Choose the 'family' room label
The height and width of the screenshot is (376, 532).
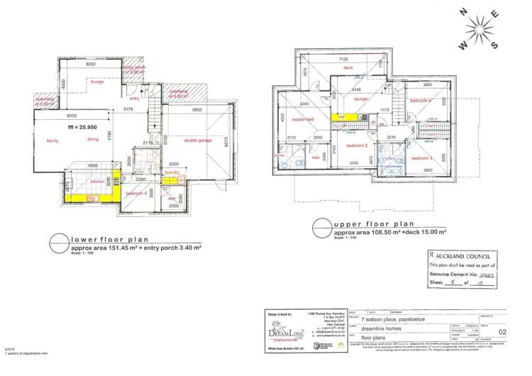[x=51, y=141]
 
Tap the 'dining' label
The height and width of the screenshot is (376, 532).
[x=93, y=140]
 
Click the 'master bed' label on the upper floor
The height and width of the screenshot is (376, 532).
[x=303, y=121]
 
